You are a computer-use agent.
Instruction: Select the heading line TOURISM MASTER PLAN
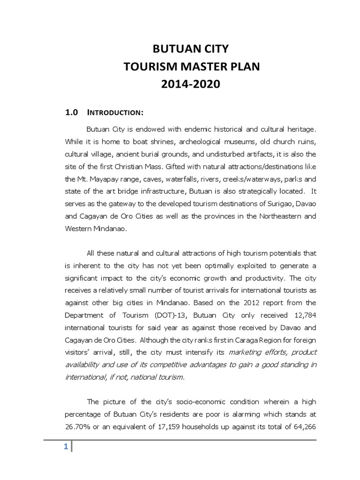pyautogui.click(x=191, y=67)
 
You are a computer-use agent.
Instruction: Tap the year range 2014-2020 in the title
pyautogui.click(x=191, y=85)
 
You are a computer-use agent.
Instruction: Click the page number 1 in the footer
pyautogui.click(x=67, y=447)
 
